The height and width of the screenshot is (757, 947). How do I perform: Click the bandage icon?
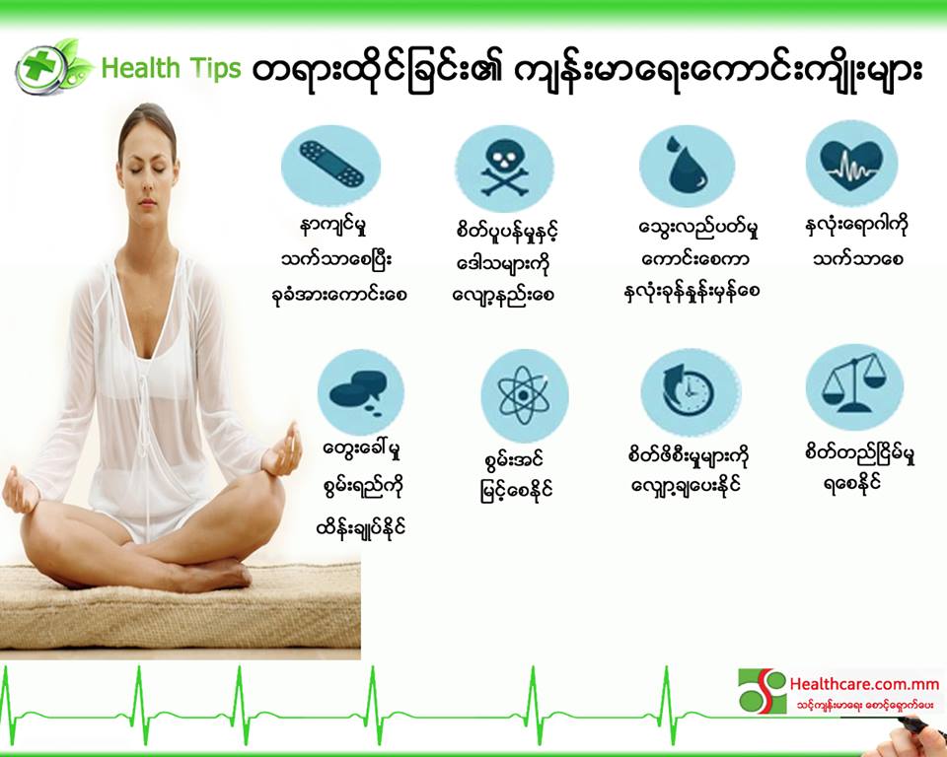(x=331, y=164)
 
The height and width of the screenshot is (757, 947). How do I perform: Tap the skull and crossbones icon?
(x=504, y=169)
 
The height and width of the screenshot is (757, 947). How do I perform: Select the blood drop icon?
(x=688, y=166)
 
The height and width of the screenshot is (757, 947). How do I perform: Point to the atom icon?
(x=524, y=396)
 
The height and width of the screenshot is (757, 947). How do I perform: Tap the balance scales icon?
(x=854, y=387)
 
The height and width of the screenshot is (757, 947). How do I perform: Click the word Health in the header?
(x=141, y=68)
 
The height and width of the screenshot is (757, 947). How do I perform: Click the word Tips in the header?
(x=215, y=68)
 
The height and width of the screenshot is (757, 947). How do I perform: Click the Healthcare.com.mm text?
(x=864, y=684)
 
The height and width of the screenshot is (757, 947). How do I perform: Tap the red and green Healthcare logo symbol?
(x=763, y=690)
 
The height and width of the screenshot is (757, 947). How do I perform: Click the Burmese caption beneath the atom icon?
(x=513, y=476)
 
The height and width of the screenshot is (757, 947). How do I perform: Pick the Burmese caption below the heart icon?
(x=857, y=242)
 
